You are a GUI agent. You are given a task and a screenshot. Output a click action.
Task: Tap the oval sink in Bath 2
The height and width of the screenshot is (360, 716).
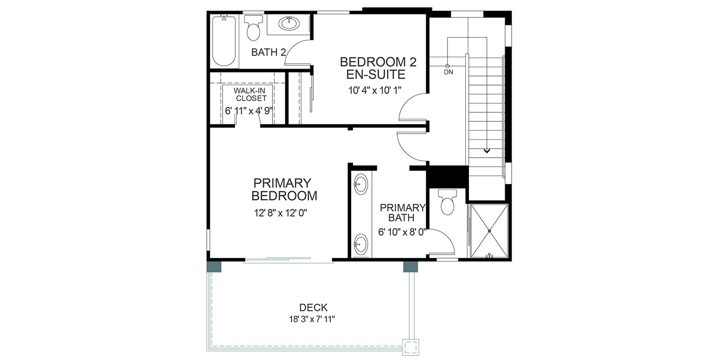coord(289,23)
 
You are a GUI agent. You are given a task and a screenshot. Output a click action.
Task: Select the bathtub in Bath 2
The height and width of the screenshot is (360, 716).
coord(224,41)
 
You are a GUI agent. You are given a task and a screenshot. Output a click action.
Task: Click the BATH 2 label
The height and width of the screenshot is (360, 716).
coord(268,52)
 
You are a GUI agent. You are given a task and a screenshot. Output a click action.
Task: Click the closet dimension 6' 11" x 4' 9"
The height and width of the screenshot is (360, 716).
coord(249,111)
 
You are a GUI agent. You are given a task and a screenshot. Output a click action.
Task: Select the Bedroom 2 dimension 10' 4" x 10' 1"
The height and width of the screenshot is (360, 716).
coord(374,90)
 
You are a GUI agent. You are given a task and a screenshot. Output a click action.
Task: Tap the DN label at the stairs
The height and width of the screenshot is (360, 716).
coord(448,72)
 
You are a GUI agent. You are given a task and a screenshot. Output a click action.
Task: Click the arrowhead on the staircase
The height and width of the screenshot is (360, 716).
coord(486,151)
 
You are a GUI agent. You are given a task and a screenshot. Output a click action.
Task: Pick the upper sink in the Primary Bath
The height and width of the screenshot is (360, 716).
coord(361,184)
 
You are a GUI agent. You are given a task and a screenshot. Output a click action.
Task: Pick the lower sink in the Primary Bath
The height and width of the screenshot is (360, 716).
coord(361,245)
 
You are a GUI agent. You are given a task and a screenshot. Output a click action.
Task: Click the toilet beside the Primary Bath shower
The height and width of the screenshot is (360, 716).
coord(447,202)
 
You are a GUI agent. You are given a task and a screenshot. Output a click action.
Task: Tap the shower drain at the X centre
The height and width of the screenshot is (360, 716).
coord(489,231)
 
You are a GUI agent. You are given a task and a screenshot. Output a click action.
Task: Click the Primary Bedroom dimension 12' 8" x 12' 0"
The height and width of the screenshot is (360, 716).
coord(280,213)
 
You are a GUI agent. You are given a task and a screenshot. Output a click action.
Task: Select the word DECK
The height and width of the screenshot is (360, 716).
coord(313,308)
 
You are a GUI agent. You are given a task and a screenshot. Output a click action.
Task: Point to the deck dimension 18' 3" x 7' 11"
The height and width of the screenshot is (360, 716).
coord(312,319)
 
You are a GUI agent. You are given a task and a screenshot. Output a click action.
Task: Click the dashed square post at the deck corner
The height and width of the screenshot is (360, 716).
coord(411,348)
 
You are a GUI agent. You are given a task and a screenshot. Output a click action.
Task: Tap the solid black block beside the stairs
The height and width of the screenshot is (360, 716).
coord(448,177)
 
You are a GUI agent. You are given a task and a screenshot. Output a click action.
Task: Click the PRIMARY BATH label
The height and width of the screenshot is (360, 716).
coord(402,213)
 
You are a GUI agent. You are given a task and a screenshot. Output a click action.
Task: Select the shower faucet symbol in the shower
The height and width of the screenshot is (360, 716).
coord(489,256)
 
